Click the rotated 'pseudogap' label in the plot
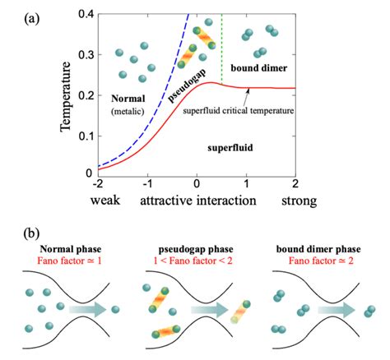(x=187, y=85)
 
